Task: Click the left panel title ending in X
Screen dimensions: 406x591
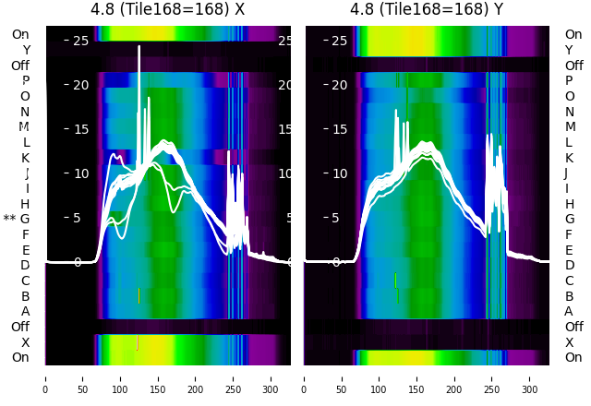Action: point(167,9)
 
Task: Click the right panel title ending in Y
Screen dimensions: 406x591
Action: point(427,9)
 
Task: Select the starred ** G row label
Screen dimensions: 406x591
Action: point(17,219)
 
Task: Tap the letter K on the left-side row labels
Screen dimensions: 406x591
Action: point(25,158)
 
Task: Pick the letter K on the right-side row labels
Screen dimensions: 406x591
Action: point(569,158)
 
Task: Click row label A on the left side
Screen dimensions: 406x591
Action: point(25,311)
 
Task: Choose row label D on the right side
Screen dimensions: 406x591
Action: point(569,265)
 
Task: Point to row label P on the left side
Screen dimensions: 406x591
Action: point(25,80)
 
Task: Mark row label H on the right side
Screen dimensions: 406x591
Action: point(569,204)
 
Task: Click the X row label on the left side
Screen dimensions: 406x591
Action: point(25,342)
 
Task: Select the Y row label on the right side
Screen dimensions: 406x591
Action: point(569,50)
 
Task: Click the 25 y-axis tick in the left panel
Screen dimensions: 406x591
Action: point(80,41)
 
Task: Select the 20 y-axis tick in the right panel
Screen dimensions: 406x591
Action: point(340,85)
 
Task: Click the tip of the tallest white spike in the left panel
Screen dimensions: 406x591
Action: point(139,46)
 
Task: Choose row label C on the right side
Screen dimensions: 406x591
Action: point(569,281)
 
